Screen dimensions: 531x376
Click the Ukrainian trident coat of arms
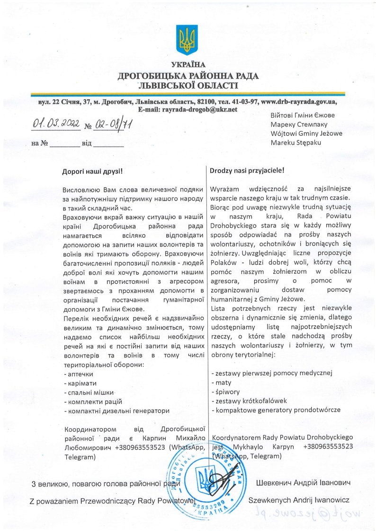click(188, 40)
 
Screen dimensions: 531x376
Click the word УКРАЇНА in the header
click(188, 64)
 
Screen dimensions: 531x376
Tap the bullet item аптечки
click(80, 374)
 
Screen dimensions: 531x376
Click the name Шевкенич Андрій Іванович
click(303, 483)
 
